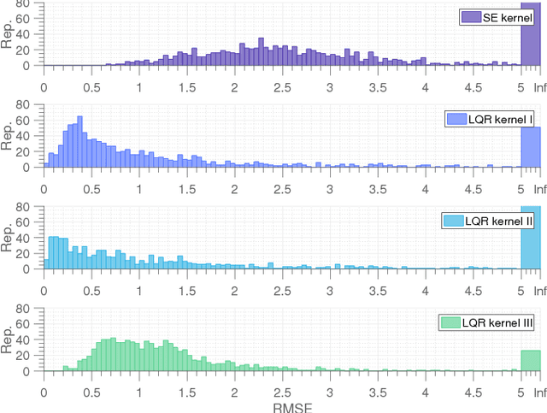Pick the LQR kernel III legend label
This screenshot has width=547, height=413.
coord(497,322)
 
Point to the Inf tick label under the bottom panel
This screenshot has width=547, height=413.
coord(538,392)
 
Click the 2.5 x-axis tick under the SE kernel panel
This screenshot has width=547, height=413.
coord(282,86)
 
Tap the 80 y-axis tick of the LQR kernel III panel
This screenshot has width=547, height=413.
coord(25,309)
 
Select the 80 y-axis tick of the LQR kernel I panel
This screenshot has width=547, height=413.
coord(25,105)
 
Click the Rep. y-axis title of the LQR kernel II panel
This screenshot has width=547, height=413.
coord(8,238)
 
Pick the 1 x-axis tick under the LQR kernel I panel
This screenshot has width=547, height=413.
coord(139,188)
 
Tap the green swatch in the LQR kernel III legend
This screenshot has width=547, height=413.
coord(450,322)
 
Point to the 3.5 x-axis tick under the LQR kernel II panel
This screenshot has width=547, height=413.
coord(378,290)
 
